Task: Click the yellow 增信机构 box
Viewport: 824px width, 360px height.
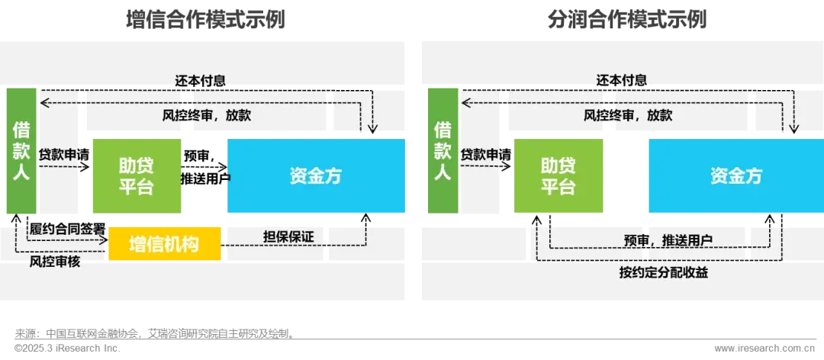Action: click(164, 244)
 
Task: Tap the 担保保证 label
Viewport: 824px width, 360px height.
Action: click(288, 236)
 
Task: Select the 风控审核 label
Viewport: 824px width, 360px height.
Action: click(55, 262)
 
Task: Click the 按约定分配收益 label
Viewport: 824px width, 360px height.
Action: click(663, 272)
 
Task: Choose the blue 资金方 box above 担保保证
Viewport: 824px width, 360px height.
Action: click(316, 175)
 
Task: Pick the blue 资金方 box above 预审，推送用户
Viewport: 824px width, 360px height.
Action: click(736, 175)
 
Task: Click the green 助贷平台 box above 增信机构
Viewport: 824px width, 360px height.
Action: click(137, 175)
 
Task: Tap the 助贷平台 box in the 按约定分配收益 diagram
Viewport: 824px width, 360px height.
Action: click(558, 175)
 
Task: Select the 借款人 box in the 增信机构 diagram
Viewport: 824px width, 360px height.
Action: click(21, 150)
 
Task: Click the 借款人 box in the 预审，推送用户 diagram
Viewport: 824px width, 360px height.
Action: click(443, 150)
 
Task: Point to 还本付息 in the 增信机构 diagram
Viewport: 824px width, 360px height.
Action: click(200, 81)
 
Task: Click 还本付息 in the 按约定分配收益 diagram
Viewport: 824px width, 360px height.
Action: click(621, 81)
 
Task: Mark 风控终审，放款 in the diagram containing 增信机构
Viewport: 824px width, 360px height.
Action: click(207, 116)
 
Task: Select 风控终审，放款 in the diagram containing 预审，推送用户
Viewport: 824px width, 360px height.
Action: click(628, 116)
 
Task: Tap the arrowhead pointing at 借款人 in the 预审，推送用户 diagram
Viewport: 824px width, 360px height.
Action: click(465, 102)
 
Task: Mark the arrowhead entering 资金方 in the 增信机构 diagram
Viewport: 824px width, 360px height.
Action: click(373, 130)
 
